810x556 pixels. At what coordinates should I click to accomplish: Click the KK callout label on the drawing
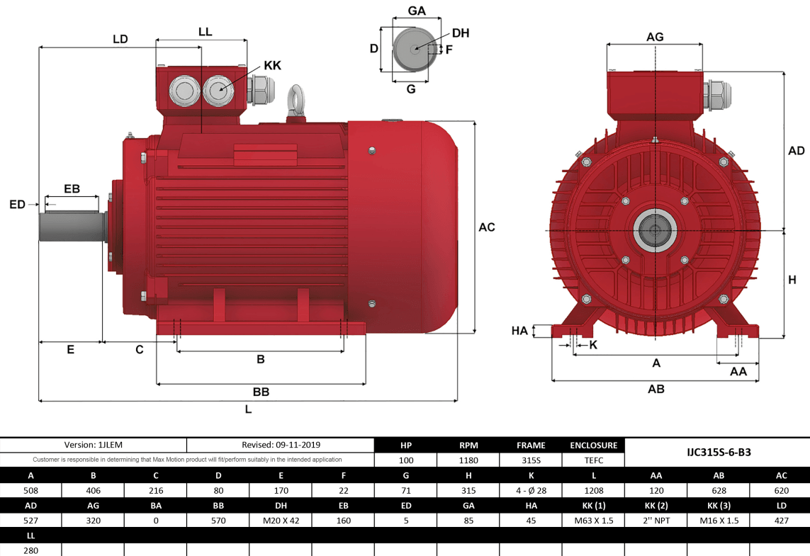pos(272,65)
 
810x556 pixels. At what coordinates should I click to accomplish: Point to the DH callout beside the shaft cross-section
pos(460,33)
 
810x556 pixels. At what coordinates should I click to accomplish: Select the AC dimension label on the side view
pos(486,227)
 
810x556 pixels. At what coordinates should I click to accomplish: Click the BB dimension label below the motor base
pos(261,392)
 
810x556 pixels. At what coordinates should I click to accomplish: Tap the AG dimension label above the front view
pos(655,37)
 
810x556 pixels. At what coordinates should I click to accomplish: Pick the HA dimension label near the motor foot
pos(519,331)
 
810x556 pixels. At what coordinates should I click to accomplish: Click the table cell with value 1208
pos(593,490)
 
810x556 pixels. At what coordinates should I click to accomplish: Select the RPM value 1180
pos(468,460)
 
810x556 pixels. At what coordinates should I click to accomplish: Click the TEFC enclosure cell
pos(593,460)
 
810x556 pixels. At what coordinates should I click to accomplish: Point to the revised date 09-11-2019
pos(281,445)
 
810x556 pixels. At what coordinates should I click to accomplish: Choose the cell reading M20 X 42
pos(281,520)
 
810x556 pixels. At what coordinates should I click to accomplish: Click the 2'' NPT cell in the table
pos(656,520)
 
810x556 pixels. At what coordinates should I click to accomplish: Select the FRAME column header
pos(531,446)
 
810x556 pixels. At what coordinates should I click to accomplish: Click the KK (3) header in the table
pos(718,505)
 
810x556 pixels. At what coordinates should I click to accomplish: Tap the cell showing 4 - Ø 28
pos(531,490)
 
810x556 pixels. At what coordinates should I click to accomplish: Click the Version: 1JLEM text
pos(94,445)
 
